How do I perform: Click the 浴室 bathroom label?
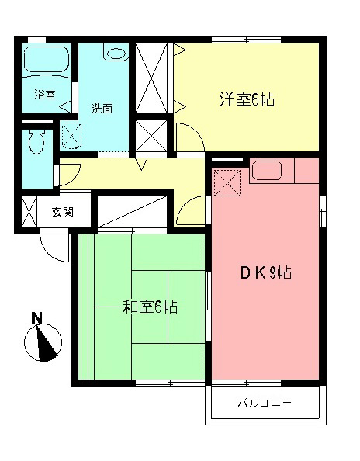pyautogui.click(x=44, y=95)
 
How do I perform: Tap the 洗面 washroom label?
pyautogui.click(x=102, y=108)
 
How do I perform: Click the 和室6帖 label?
pyautogui.click(x=151, y=307)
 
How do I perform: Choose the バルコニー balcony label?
pyautogui.click(x=264, y=404)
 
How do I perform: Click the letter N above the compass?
pyautogui.click(x=36, y=317)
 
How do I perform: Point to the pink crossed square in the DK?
pyautogui.click(x=228, y=182)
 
